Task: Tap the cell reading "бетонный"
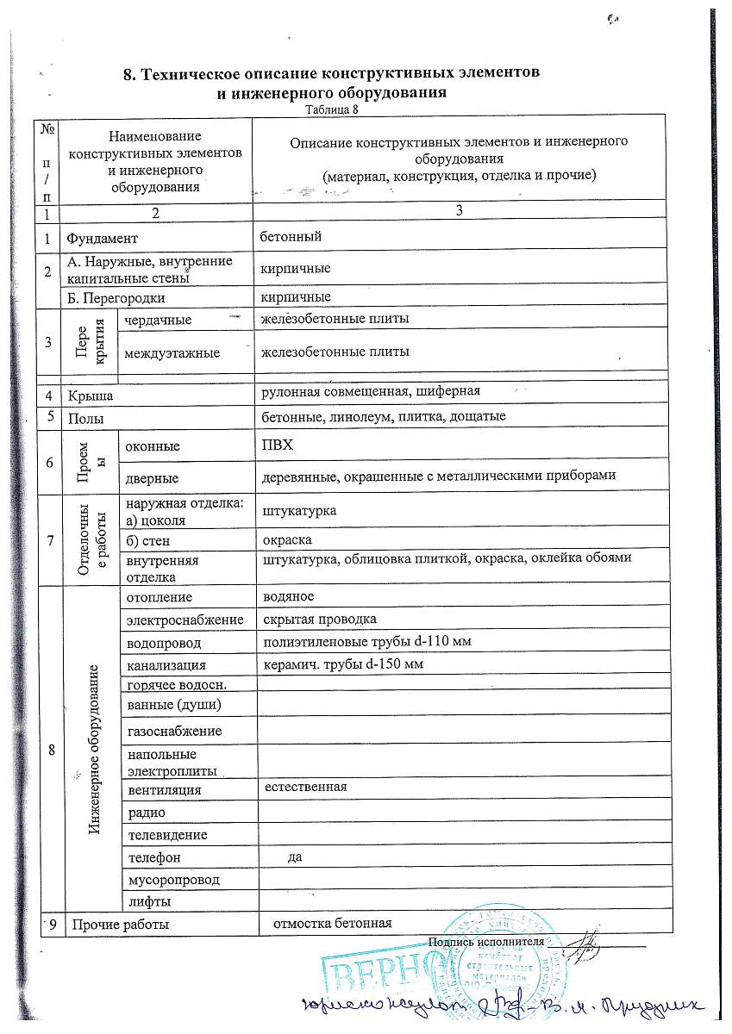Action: [x=291, y=235]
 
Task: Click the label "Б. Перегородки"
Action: [x=115, y=297]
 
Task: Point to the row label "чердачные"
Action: [x=158, y=320]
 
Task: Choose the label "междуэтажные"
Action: [x=172, y=352]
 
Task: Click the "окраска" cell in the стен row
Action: [x=287, y=540]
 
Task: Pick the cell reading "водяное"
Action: [x=288, y=596]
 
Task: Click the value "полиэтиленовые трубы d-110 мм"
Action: [x=366, y=643]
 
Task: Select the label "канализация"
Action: [x=166, y=665]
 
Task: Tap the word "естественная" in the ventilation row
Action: [x=305, y=787]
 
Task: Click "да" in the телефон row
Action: [x=295, y=856]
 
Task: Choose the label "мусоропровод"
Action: [x=172, y=880]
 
